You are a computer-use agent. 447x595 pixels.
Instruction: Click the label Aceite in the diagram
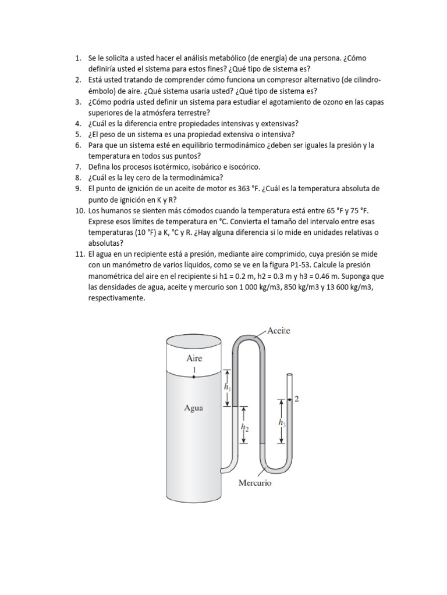(x=279, y=331)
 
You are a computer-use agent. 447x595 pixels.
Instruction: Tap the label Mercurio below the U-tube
(x=254, y=482)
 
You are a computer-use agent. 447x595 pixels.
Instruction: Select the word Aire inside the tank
(x=194, y=359)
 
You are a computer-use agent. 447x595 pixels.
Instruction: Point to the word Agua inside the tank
(x=193, y=407)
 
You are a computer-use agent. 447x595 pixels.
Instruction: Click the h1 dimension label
(x=227, y=386)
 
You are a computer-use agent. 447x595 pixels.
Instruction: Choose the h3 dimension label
(x=282, y=422)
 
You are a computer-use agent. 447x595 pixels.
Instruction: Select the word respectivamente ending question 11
(x=116, y=299)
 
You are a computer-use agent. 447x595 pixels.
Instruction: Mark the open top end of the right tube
(x=289, y=377)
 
